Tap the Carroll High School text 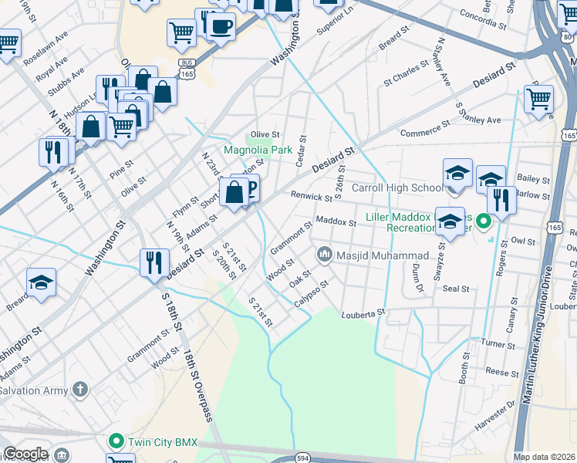[397, 188]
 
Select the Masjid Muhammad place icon [324, 255]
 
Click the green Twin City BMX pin [116, 442]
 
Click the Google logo [25, 454]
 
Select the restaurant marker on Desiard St [154, 262]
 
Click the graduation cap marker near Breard [41, 282]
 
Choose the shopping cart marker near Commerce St [538, 98]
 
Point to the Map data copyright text [545, 457]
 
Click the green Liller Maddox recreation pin [484, 223]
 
